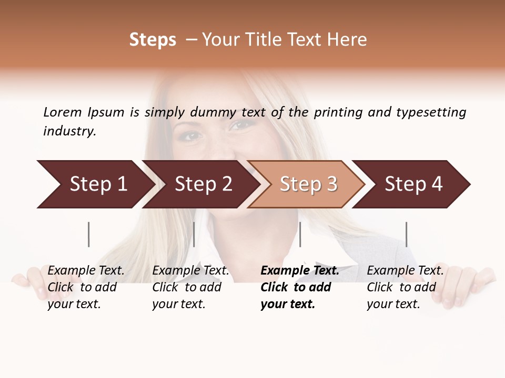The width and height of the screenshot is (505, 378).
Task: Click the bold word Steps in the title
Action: [153, 40]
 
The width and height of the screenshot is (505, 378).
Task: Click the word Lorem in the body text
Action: [63, 112]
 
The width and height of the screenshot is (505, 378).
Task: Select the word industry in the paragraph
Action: [69, 131]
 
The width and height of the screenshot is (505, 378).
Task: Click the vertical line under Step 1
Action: [89, 234]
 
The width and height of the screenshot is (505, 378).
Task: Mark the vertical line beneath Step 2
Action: [194, 234]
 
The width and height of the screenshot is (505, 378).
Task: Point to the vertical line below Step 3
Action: [300, 234]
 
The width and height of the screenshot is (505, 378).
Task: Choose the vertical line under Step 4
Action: [406, 234]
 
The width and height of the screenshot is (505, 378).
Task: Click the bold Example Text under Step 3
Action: [300, 271]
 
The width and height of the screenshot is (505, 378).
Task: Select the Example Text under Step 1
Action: [86, 271]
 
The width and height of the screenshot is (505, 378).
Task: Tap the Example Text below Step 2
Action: [191, 271]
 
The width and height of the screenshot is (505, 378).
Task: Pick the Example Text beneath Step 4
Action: [406, 271]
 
